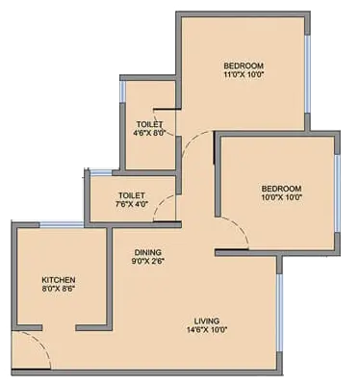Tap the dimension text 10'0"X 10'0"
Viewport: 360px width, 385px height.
281,197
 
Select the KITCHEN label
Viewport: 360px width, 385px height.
58,277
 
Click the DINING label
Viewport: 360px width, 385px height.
148,251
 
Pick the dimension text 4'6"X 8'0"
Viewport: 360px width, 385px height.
150,135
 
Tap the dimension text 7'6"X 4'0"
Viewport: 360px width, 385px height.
131,204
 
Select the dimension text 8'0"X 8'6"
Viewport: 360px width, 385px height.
58,288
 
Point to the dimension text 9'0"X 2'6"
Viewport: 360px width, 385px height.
148,261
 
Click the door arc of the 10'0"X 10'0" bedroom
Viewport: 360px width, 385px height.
234,231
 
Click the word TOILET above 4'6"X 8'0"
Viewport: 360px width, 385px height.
150,124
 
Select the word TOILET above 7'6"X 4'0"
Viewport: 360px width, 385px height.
131,193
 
